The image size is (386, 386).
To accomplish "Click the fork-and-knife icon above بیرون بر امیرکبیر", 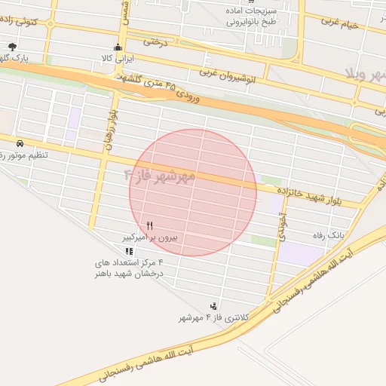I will tap(150, 225).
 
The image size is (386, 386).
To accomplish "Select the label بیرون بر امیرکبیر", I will tap(150, 237).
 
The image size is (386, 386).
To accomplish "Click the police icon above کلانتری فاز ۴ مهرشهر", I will tap(215, 306).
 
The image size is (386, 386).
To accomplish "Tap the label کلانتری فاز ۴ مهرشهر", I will tap(206, 318).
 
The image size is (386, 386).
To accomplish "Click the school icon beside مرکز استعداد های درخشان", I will tap(129, 251).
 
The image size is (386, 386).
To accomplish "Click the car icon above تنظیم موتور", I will tap(19, 143).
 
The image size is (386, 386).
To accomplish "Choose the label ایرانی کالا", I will tap(116, 58).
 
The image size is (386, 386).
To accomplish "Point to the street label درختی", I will tap(155, 42).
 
